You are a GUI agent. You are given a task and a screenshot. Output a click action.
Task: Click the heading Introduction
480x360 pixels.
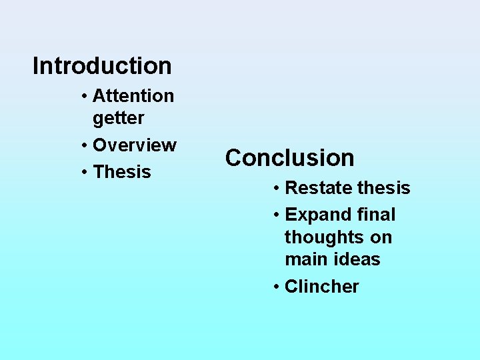[102, 66]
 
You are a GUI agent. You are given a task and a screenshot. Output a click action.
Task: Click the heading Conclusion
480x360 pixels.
[289, 158]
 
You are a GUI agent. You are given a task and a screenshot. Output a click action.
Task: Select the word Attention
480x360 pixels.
[133, 96]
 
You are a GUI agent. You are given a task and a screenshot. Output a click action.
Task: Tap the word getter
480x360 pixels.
[119, 119]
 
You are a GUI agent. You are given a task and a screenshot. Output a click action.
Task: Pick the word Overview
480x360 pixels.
[135, 145]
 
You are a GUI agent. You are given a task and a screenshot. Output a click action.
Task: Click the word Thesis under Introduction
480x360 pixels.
[122, 172]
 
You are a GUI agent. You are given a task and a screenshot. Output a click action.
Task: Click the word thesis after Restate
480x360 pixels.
[383, 188]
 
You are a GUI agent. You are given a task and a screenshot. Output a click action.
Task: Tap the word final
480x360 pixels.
[376, 215]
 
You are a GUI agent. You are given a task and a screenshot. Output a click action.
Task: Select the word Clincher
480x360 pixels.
[321, 287]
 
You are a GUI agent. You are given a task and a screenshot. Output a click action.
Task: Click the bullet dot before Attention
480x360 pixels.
[84, 97]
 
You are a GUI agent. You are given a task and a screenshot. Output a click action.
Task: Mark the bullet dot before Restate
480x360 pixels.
[276, 189]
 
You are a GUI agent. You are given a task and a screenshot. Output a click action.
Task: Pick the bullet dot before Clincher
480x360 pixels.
[276, 287]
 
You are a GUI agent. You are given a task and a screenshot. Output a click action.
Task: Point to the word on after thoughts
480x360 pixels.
[383, 238]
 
